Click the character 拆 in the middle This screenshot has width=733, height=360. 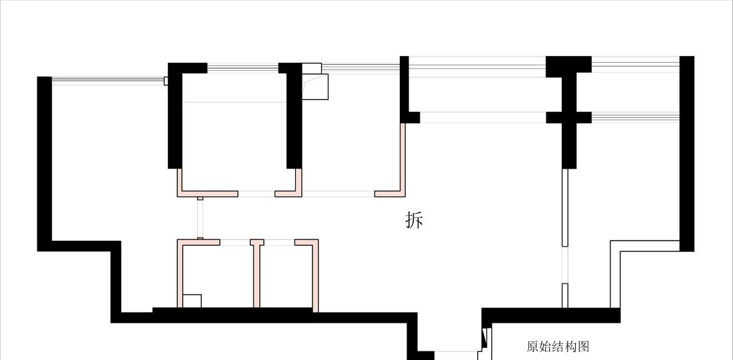pyautogui.click(x=414, y=220)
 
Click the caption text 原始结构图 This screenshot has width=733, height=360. pyautogui.click(x=558, y=347)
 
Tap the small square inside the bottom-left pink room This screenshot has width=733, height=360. pyautogui.click(x=192, y=301)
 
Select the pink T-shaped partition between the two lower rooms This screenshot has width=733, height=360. pyautogui.click(x=256, y=273)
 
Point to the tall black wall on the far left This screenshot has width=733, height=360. pyautogui.click(x=45, y=163)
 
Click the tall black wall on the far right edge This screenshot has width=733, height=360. pyautogui.click(x=687, y=153)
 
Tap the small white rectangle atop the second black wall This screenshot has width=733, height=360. pyautogui.click(x=312, y=68)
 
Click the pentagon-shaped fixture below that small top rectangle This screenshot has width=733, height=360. pyautogui.click(x=316, y=87)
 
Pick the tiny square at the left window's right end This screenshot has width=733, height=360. pyautogui.click(x=166, y=81)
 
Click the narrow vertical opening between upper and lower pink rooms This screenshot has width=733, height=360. pyautogui.click(x=200, y=217)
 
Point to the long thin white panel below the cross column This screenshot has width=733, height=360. pyautogui.click(x=564, y=207)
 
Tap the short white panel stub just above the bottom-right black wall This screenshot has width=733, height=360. pyautogui.click(x=564, y=295)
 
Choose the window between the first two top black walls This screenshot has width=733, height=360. pyautogui.click(x=243, y=67)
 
